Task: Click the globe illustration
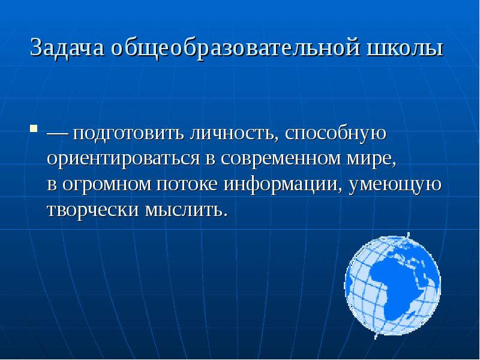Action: click(392, 284)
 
